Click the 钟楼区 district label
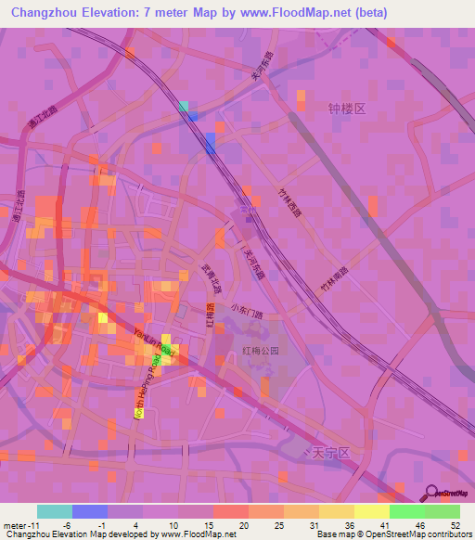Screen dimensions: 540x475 coord(348,109)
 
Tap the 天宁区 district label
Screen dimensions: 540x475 coord(329,453)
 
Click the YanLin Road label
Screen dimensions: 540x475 coord(154,342)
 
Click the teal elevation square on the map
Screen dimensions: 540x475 coord(184,107)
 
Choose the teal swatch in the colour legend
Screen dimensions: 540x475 coord(55,511)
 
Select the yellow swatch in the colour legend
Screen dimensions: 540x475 coord(371,511)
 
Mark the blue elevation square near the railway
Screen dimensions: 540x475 coord(210,143)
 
